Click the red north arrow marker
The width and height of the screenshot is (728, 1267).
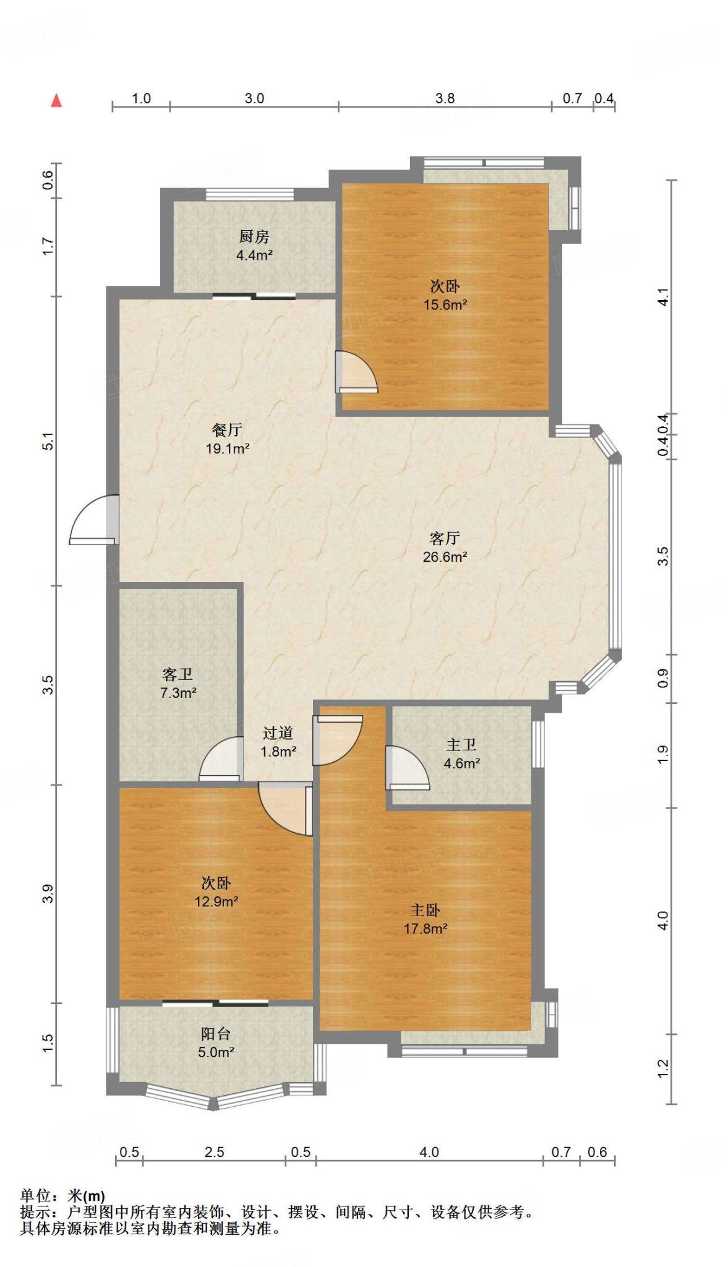point(56,100)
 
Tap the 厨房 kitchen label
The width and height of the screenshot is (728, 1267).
point(254,236)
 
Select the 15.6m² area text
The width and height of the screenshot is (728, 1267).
point(445,305)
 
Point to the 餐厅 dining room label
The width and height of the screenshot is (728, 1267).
point(227,429)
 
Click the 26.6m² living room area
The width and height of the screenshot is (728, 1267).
point(445,557)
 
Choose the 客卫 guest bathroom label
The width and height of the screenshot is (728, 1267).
point(178,674)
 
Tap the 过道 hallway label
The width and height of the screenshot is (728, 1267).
point(278,733)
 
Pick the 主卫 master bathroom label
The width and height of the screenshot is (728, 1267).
point(461,745)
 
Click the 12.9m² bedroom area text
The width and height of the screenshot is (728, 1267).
point(216,902)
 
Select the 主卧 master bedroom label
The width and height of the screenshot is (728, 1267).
point(426,910)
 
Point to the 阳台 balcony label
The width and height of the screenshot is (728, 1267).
point(216,1034)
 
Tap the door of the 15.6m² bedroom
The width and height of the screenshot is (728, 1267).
point(356,372)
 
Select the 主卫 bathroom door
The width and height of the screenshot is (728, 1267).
point(407,768)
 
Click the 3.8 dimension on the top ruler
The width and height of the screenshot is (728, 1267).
point(445,98)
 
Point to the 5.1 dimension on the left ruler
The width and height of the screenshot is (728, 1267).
point(48,442)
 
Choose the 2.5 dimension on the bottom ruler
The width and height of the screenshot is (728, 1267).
point(214,1152)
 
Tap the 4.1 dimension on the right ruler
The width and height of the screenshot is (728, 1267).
point(663,297)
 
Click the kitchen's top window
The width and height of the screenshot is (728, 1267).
point(250,194)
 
